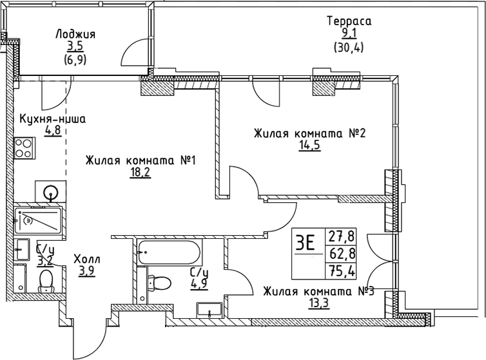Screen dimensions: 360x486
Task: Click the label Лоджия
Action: tap(75, 34)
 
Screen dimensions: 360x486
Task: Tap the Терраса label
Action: tap(349, 21)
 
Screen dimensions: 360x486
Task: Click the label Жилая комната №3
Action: tap(318, 291)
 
